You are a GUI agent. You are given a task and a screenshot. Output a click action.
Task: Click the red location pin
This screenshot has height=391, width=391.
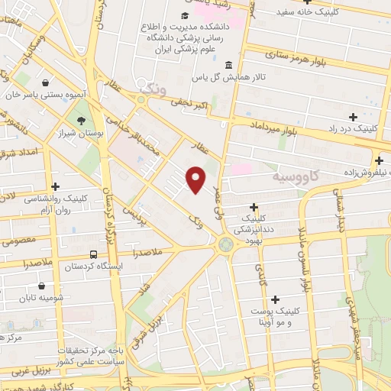(x=196, y=179)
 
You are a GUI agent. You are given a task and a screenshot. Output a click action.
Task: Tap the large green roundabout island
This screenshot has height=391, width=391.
(x=226, y=244)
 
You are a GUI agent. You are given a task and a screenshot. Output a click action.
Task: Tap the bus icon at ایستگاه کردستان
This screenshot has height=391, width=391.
(x=93, y=254)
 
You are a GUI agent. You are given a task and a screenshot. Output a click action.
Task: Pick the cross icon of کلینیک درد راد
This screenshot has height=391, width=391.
(x=352, y=117)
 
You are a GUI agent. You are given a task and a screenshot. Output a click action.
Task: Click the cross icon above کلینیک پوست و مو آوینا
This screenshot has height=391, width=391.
(x=275, y=299)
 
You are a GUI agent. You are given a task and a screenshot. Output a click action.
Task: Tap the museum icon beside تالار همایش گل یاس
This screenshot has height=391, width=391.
(x=231, y=64)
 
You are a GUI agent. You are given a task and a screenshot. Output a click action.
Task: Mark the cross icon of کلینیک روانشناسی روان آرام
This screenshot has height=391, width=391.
(x=55, y=186)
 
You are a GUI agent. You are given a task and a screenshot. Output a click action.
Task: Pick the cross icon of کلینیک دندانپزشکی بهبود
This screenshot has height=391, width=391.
(x=254, y=206)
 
